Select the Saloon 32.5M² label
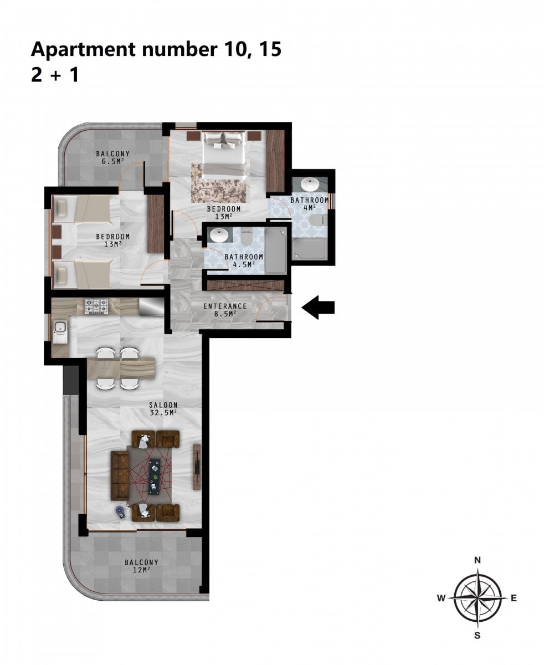pyautogui.click(x=163, y=408)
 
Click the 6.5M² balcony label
pyautogui.click(x=112, y=157)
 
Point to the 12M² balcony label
pyautogui.click(x=141, y=566)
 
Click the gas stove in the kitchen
pyautogui.click(x=96, y=306)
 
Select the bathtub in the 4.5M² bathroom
pyautogui.click(x=276, y=251)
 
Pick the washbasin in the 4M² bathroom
pyautogui.click(x=310, y=184)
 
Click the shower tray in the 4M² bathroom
pyautogui.click(x=309, y=249)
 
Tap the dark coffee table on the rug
pyautogui.click(x=155, y=477)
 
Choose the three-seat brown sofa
pyautogui.click(x=120, y=475)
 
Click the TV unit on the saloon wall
pyautogui.click(x=197, y=467)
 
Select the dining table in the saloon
pyautogui.click(x=121, y=368)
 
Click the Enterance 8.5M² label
pyautogui.click(x=225, y=310)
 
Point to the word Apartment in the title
pyautogui.click(x=83, y=50)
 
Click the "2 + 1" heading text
pyautogui.click(x=55, y=76)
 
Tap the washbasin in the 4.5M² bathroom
pyautogui.click(x=219, y=235)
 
